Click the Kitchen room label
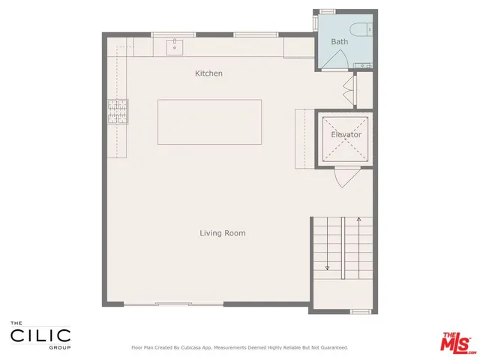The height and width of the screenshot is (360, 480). tap(208, 73)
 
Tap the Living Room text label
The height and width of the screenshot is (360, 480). tap(222, 233)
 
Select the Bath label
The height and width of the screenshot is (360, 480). tap(340, 42)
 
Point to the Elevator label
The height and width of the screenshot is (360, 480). tap(346, 135)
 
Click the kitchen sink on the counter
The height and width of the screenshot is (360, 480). tap(175, 47)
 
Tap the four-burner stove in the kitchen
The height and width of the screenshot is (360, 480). tap(118, 112)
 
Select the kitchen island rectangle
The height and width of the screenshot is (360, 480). tap(209, 121)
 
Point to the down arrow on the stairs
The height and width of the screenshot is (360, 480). tap(328, 265)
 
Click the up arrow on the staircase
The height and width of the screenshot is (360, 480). tap(359, 220)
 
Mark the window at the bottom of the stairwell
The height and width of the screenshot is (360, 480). tap(361, 310)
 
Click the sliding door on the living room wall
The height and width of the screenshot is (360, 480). tap(173, 304)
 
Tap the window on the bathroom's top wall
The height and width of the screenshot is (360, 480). tap(328, 10)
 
